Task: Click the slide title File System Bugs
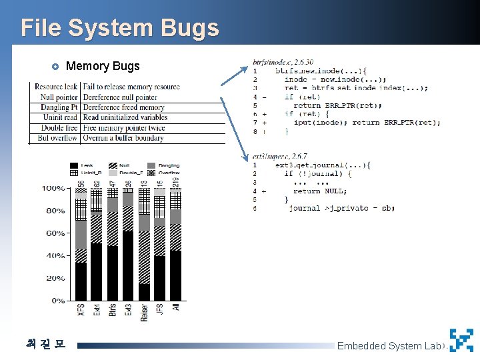(120, 28)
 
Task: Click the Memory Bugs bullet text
(103, 66)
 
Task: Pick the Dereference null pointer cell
(120, 97)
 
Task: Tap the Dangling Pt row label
(57, 107)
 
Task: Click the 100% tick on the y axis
(53, 189)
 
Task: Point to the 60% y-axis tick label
(55, 233)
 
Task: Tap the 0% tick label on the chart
(57, 301)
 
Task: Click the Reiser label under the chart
(144, 313)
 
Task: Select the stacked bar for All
(175, 247)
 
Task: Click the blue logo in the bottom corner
(461, 340)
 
